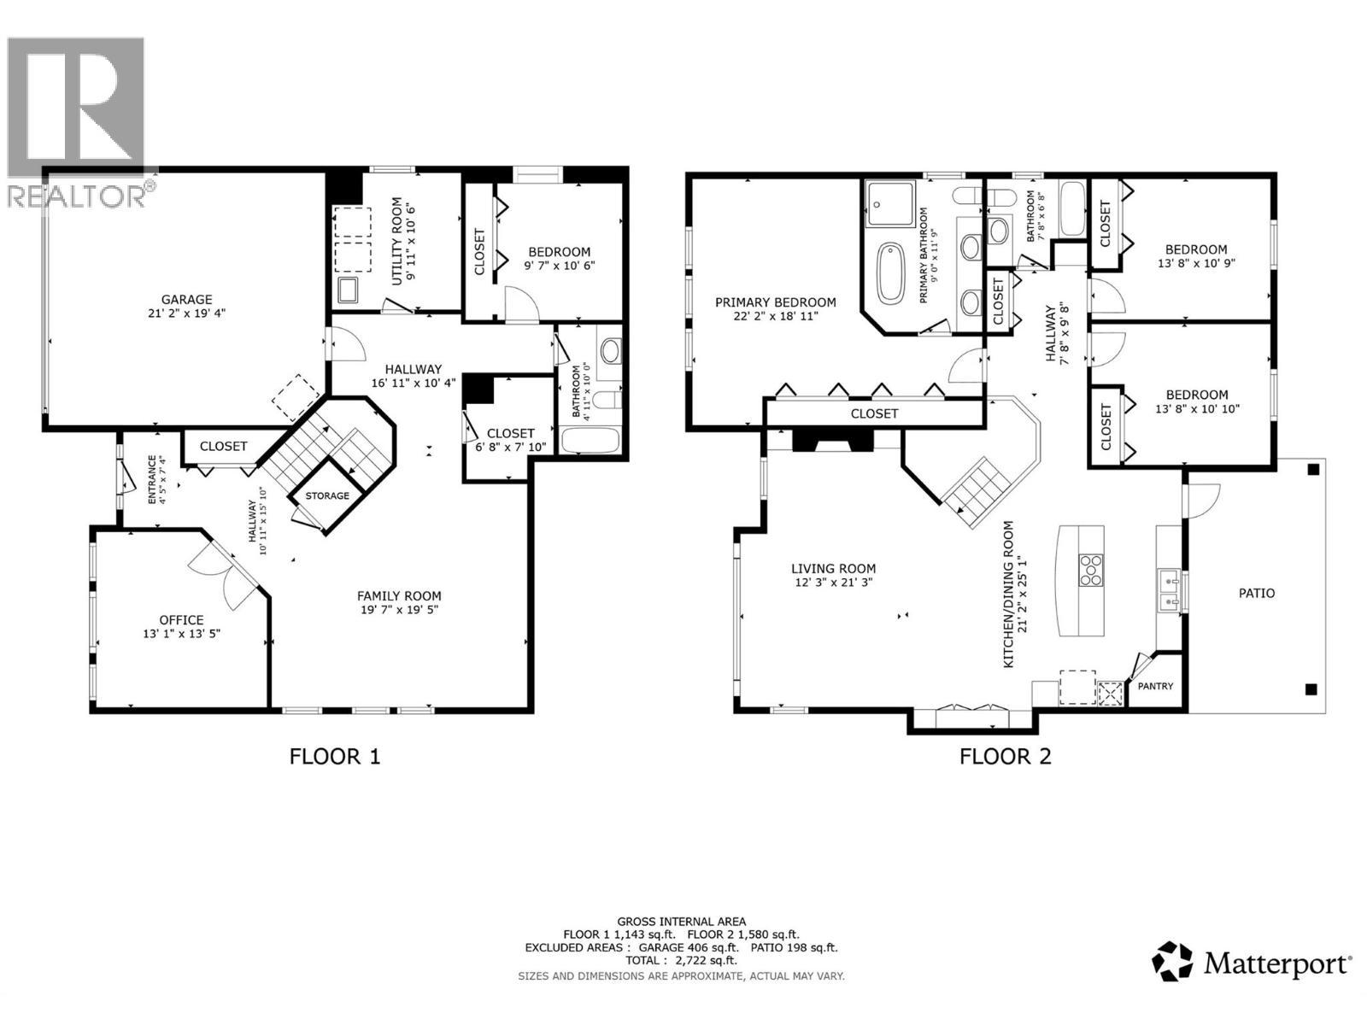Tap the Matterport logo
1253,963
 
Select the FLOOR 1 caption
334,756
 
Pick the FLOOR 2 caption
1005,756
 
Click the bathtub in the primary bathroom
891,273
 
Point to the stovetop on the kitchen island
1091,570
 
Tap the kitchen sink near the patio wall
1168,592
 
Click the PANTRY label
1155,686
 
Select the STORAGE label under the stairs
327,496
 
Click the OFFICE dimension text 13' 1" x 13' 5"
181,634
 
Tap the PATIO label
1256,593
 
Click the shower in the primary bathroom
889,204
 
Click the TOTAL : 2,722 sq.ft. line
681,960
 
